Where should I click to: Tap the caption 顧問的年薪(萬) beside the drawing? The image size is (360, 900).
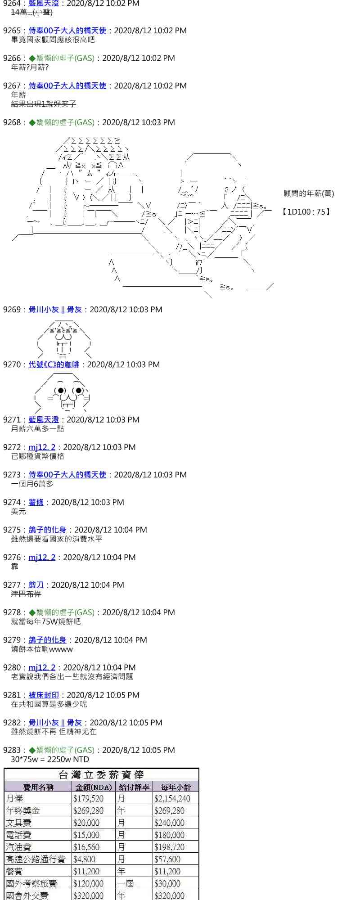pos(309,193)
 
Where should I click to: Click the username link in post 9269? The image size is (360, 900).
pos(55,310)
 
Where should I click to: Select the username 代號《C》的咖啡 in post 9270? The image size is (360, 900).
pos(54,364)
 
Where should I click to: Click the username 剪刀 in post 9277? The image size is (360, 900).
pos(36,585)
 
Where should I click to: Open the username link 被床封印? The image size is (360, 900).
pos(44,695)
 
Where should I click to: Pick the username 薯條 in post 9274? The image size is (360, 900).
pos(36,502)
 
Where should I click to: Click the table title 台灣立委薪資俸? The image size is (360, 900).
pos(101,775)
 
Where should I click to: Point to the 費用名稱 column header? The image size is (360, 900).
pos(38,787)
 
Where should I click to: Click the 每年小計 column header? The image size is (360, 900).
pos(175,787)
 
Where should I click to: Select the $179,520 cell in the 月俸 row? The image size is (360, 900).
pos(88,799)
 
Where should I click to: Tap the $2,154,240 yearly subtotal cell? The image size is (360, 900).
pos(172,799)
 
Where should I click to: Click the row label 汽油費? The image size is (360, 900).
pos(19,847)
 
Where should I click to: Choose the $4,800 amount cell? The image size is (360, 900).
pos(84,859)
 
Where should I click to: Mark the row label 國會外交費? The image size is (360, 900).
pos(27,895)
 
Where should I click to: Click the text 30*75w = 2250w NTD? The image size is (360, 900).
pos(50,760)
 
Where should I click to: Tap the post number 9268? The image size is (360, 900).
pos(12,122)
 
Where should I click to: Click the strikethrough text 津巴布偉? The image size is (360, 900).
pos(26,594)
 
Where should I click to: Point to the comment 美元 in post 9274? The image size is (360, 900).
pos(18,512)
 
